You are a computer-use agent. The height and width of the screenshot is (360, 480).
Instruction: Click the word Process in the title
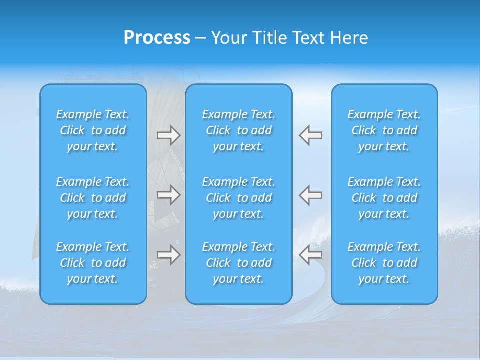[x=157, y=38]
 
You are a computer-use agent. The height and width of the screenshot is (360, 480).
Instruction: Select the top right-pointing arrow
[x=168, y=135]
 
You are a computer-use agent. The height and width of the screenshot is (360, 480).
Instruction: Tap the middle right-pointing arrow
[x=168, y=195]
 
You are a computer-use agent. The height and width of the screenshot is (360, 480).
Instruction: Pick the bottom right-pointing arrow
[x=168, y=255]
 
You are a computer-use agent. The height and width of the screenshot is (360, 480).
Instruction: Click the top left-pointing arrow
[x=311, y=135]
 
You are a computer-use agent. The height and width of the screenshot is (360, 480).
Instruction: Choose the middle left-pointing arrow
[x=311, y=195]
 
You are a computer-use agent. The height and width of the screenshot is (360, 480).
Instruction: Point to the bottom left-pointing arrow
[x=311, y=255]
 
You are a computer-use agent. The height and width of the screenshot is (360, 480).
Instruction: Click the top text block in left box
[x=93, y=130]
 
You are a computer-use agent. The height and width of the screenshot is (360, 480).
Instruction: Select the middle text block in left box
[x=93, y=198]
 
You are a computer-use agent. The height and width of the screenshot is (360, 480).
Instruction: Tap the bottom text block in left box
[x=93, y=263]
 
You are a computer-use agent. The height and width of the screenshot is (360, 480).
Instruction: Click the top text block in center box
[x=239, y=130]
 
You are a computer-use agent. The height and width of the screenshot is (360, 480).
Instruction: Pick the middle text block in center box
[x=239, y=198]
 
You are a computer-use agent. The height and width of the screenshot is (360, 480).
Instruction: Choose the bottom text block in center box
[x=239, y=263]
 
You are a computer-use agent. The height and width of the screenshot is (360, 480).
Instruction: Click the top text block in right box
[x=384, y=130]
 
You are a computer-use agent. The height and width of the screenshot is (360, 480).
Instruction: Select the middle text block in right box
[x=384, y=198]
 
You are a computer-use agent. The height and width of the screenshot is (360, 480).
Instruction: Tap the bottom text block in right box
[x=384, y=263]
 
